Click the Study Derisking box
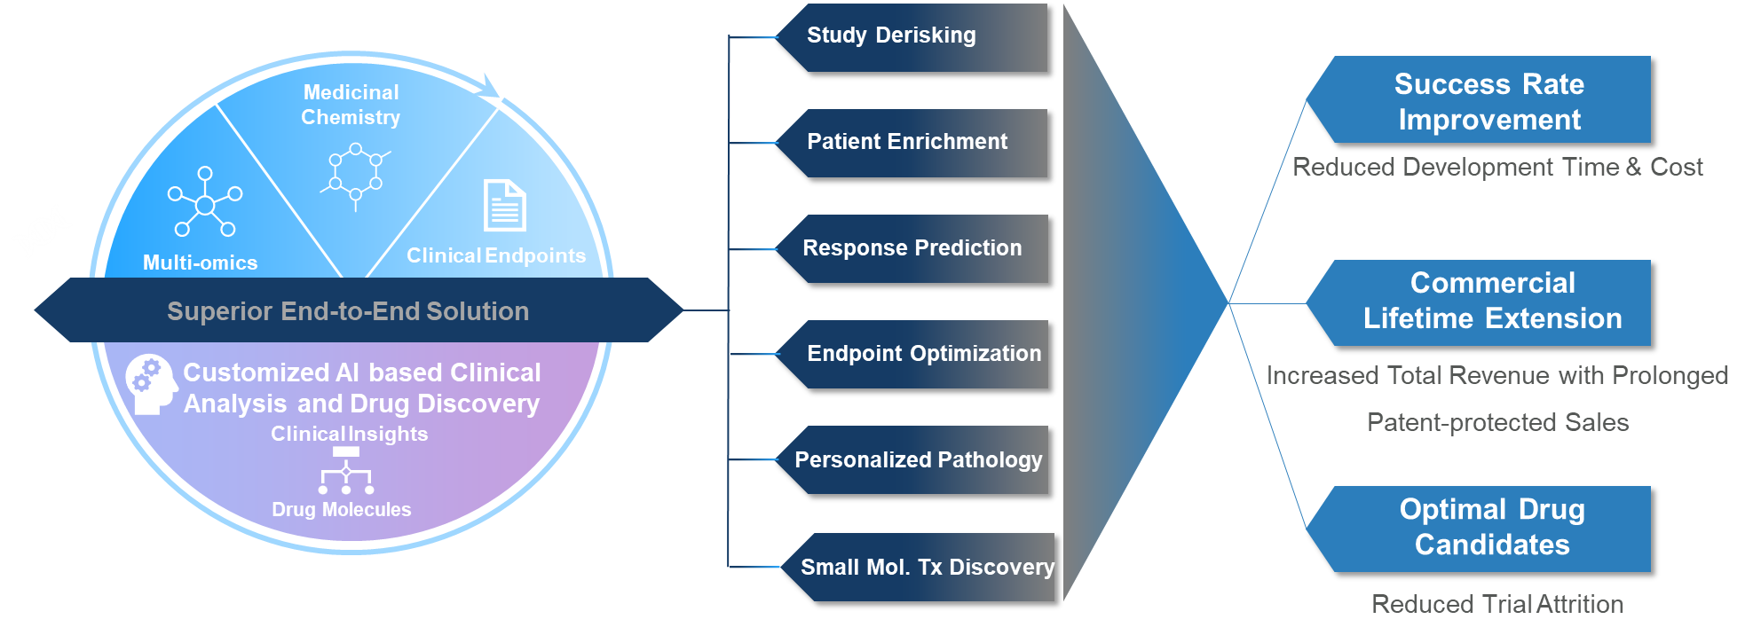pos(912,37)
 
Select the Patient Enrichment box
pos(912,143)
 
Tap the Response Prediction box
pos(912,249)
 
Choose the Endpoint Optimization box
pos(912,355)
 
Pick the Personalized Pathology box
pos(912,460)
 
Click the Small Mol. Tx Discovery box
pos(917,568)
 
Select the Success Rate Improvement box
pos(1479,100)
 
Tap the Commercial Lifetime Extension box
pos(1479,302)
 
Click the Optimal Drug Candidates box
pos(1479,529)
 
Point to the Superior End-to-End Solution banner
pos(359,310)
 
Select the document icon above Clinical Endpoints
pos(504,205)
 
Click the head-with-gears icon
pos(151,384)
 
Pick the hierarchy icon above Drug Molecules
pos(346,471)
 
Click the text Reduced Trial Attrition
pos(1497,604)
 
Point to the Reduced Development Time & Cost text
pos(1497,167)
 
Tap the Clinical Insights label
pos(350,434)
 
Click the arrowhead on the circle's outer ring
pos(492,88)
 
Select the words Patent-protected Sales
pos(1497,422)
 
